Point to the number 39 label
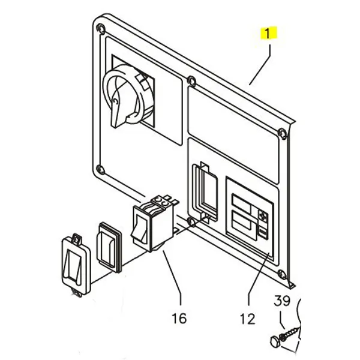(283, 301)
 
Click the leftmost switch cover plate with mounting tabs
(74, 263)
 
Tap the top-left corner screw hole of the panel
(100, 29)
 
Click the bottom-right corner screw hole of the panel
(282, 275)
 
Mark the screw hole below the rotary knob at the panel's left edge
(100, 170)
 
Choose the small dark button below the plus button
(262, 231)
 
